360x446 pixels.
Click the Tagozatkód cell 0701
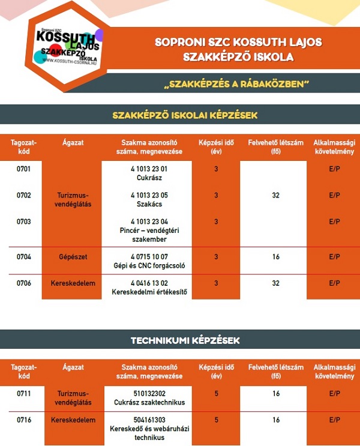pyautogui.click(x=24, y=169)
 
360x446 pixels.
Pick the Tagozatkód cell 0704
pyautogui.click(x=24, y=256)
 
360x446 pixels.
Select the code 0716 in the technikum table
pyautogui.click(x=24, y=420)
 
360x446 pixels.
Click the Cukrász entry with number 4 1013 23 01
pyautogui.click(x=149, y=173)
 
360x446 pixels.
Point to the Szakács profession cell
pyautogui.click(x=149, y=199)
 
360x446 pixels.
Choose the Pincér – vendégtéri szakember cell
pyautogui.click(x=149, y=231)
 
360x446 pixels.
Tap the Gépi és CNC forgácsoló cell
pyautogui.click(x=149, y=261)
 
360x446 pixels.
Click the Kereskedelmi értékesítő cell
pyautogui.click(x=149, y=288)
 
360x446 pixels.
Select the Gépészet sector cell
pyautogui.click(x=73, y=256)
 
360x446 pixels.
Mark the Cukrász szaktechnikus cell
pyautogui.click(x=149, y=398)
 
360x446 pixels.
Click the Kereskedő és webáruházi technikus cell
pyautogui.click(x=149, y=429)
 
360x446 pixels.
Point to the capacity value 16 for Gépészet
pyautogui.click(x=276, y=256)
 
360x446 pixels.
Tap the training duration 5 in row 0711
pyautogui.click(x=216, y=394)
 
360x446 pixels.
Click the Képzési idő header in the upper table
pyautogui.click(x=216, y=146)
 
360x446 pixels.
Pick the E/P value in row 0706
pyautogui.click(x=334, y=283)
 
